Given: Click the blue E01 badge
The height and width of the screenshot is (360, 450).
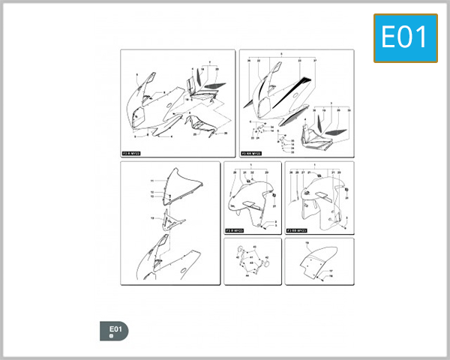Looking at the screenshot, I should tap(405, 37).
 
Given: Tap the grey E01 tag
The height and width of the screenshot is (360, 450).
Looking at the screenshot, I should tap(114, 331).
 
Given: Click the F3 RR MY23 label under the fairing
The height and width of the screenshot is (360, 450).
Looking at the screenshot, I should tap(251, 152).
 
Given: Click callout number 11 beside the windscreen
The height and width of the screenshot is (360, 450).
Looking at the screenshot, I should tap(151, 181).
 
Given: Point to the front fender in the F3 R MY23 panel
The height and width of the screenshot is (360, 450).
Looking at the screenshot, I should tap(251, 202).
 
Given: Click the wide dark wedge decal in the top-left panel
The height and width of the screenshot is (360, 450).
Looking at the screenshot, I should tap(213, 85).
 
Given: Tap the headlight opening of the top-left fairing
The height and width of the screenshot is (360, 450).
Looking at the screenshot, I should tap(136, 115).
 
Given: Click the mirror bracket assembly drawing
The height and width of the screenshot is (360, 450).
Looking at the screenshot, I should tap(253, 260).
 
